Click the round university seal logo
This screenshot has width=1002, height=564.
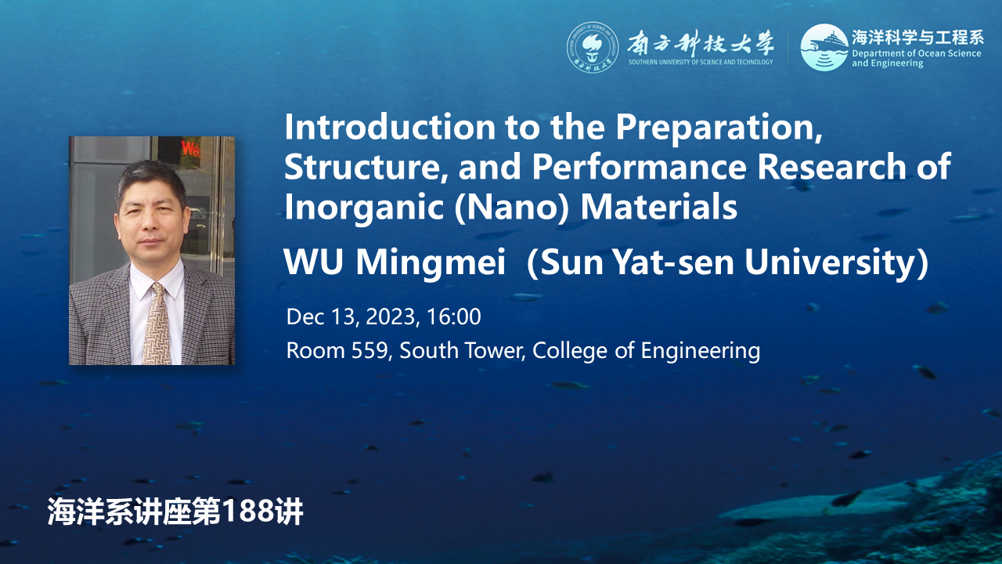point(593,48)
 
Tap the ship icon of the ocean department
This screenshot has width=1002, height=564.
point(824,48)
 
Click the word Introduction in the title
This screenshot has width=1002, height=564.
point(390,128)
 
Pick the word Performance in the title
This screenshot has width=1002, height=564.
point(640,167)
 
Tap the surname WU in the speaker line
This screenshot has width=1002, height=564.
point(314,262)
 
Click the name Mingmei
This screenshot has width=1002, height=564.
point(431,263)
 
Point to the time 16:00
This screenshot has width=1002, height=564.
point(453,317)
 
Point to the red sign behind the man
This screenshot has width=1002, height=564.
point(190,148)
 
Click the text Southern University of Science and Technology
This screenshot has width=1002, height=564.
point(701,62)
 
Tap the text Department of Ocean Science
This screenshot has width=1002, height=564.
point(916,53)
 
